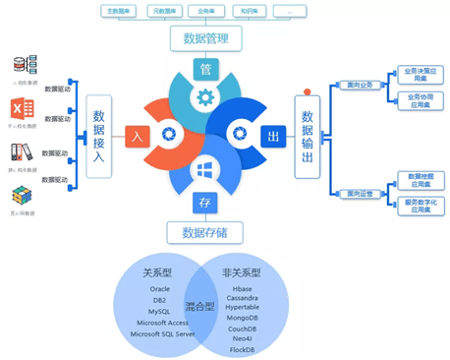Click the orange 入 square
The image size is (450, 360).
pos(137,136)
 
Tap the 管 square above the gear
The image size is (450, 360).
pos(205,70)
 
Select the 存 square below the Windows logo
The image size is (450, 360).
pos(204,202)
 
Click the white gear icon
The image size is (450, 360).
pos(205,96)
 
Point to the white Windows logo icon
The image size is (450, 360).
pos(205,170)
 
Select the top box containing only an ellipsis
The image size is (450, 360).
pos(287,11)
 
